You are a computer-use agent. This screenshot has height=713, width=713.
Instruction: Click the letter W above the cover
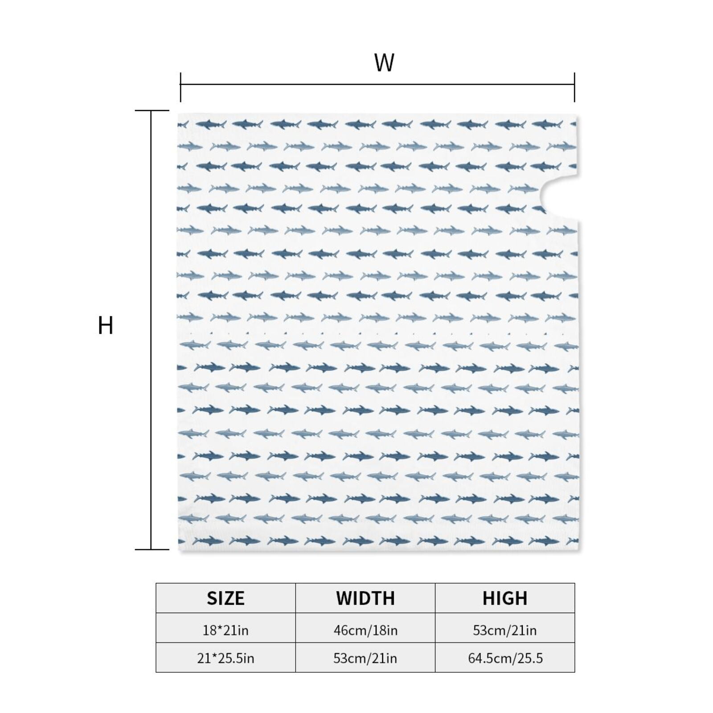pyautogui.click(x=384, y=63)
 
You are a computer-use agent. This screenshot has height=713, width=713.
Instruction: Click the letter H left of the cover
pyautogui.click(x=106, y=325)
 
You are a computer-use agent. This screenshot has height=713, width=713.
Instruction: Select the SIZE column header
pyautogui.click(x=225, y=598)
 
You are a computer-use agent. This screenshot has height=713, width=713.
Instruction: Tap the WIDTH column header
pyautogui.click(x=365, y=598)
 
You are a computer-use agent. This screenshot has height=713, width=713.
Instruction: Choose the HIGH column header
pyautogui.click(x=505, y=598)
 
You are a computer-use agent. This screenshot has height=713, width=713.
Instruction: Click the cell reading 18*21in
pyautogui.click(x=225, y=630)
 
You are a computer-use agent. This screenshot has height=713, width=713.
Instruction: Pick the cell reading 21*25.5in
pyautogui.click(x=225, y=658)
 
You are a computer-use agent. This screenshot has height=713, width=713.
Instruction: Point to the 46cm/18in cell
pyautogui.click(x=365, y=630)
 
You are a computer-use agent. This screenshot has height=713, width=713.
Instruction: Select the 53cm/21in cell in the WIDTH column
pyautogui.click(x=365, y=658)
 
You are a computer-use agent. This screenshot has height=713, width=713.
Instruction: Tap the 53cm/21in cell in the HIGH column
pyautogui.click(x=505, y=630)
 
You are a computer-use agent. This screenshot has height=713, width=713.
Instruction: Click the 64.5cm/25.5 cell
pyautogui.click(x=505, y=658)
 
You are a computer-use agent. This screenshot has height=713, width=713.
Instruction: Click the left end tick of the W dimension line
pyautogui.click(x=180, y=87)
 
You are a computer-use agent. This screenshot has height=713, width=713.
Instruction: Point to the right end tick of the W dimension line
pyautogui.click(x=574, y=87)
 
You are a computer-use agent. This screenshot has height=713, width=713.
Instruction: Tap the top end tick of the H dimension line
pyautogui.click(x=152, y=110)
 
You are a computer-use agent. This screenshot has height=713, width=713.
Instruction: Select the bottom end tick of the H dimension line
pyautogui.click(x=152, y=549)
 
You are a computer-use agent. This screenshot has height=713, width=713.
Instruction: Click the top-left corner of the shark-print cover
pyautogui.click(x=178, y=114)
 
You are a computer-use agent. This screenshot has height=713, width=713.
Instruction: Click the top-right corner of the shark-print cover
pyautogui.click(x=578, y=115)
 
